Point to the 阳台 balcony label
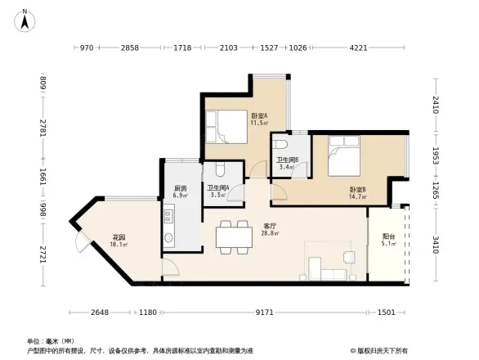(388, 238)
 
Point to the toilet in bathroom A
(219, 171)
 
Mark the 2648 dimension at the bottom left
(101, 312)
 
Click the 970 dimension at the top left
(87, 48)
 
